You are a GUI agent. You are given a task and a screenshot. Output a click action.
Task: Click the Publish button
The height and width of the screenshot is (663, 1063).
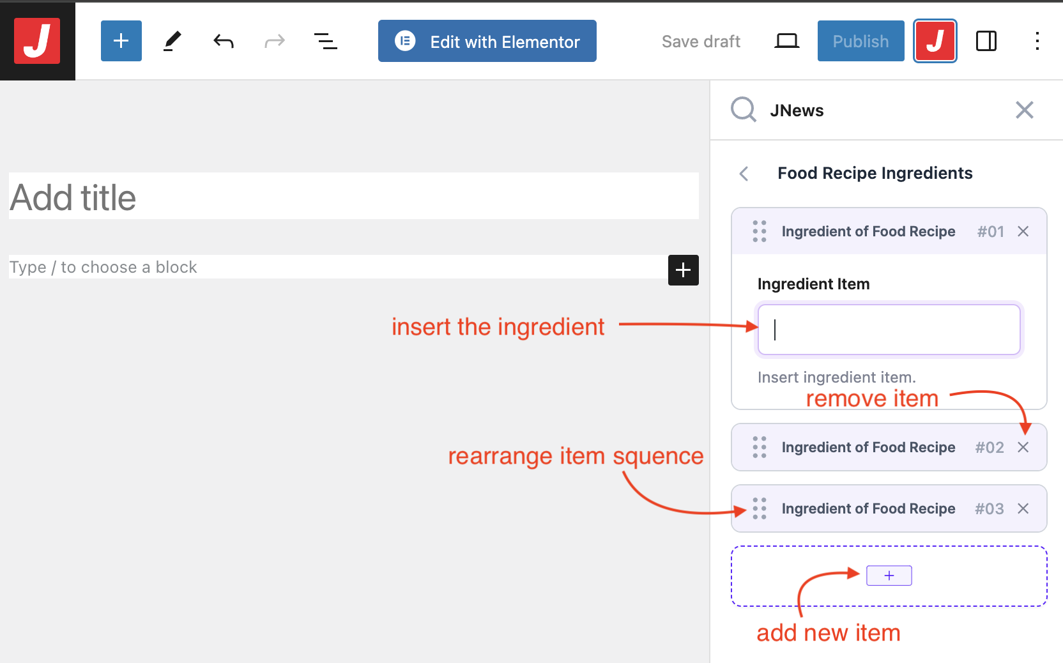tap(861, 41)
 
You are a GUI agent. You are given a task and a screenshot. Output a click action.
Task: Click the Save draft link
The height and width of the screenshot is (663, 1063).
tap(701, 42)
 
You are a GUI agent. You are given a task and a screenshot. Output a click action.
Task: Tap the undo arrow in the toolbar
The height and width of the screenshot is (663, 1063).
tap(224, 42)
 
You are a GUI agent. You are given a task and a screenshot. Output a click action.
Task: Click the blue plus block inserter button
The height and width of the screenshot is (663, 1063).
tap(121, 41)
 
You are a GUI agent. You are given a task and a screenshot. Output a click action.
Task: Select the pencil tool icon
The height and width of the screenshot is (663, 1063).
tap(172, 41)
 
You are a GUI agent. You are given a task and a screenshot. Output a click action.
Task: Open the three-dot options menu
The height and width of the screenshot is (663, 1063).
tap(1037, 41)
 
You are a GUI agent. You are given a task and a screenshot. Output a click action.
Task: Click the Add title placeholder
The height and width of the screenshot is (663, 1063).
tap(73, 197)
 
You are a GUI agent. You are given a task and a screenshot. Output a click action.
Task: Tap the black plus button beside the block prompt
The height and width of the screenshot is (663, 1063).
tap(684, 270)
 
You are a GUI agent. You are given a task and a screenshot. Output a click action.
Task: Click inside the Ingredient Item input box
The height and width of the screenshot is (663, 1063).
tap(889, 330)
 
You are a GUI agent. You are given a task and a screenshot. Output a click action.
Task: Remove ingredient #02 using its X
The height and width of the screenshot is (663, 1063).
tap(1023, 447)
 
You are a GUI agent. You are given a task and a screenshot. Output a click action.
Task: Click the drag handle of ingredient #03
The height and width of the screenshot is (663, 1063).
tap(760, 509)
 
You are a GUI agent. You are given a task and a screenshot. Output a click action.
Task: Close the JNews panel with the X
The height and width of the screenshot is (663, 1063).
tap(1025, 110)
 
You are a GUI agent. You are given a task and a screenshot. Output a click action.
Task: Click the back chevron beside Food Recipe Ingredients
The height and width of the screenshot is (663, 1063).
tap(744, 174)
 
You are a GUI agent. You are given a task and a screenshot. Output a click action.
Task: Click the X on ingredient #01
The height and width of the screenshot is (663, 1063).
tap(1023, 231)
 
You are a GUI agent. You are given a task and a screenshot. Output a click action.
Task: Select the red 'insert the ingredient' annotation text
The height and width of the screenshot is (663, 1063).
tap(498, 327)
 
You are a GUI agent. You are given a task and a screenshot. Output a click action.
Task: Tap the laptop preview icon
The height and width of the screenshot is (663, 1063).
tap(787, 42)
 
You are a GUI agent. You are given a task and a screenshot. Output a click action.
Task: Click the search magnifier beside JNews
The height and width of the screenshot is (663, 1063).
tap(743, 110)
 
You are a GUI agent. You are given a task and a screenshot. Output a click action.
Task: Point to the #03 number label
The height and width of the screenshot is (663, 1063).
tap(990, 509)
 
